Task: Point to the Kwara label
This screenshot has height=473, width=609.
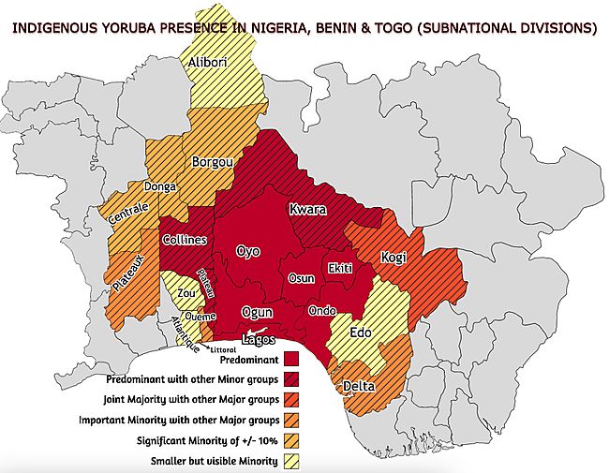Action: [307, 209]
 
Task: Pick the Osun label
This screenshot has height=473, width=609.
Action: [301, 278]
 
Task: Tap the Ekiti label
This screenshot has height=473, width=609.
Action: [339, 268]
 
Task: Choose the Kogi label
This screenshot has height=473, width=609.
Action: [394, 257]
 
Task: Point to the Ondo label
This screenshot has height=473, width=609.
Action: [321, 310]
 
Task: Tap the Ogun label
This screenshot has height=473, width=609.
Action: [256, 312]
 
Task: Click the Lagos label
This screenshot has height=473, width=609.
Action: [259, 338]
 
